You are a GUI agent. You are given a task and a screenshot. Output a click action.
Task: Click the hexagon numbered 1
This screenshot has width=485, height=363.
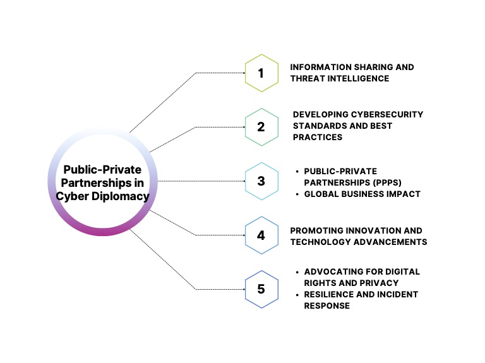(261, 73)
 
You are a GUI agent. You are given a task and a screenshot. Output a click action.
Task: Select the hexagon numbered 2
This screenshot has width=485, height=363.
(261, 126)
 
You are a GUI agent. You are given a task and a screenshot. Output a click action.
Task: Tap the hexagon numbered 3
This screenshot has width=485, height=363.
(261, 181)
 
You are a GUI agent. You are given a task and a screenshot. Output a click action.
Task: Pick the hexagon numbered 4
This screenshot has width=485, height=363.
(261, 235)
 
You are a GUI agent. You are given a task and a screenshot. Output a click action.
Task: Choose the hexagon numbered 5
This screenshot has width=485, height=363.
(261, 289)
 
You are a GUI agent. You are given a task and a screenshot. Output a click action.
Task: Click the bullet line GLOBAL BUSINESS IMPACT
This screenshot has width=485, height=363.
(362, 194)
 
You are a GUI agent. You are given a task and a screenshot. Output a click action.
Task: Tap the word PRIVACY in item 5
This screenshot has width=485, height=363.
(380, 283)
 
